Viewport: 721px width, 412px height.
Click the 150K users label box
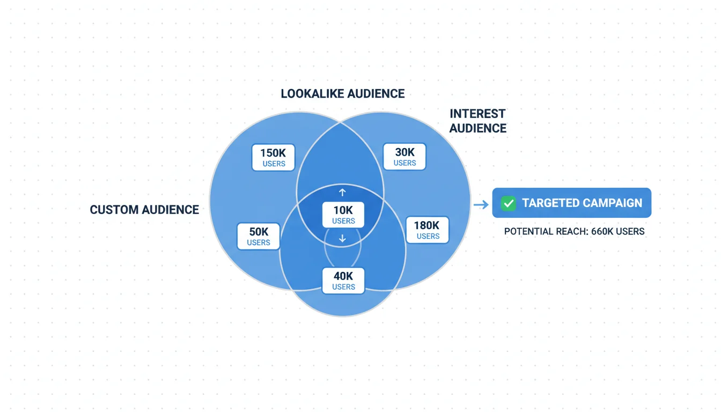tap(273, 157)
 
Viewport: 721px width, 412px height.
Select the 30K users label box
tap(404, 157)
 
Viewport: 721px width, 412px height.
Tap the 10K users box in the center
tap(343, 214)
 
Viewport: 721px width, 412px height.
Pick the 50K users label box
tap(259, 236)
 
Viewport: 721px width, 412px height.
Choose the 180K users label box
tap(427, 230)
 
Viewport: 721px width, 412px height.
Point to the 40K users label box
tap(343, 281)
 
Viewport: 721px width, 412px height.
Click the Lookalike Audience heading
tap(343, 94)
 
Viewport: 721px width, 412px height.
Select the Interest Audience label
tap(477, 121)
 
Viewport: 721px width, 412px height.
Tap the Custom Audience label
tap(144, 210)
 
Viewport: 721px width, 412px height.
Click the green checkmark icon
tap(507, 203)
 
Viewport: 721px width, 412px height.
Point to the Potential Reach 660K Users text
tap(574, 232)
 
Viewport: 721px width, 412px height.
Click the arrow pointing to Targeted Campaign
tap(481, 204)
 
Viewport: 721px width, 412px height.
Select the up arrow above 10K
tap(342, 192)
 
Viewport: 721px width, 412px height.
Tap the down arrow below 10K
tap(342, 239)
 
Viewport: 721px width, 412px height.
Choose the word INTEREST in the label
tap(477, 114)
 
